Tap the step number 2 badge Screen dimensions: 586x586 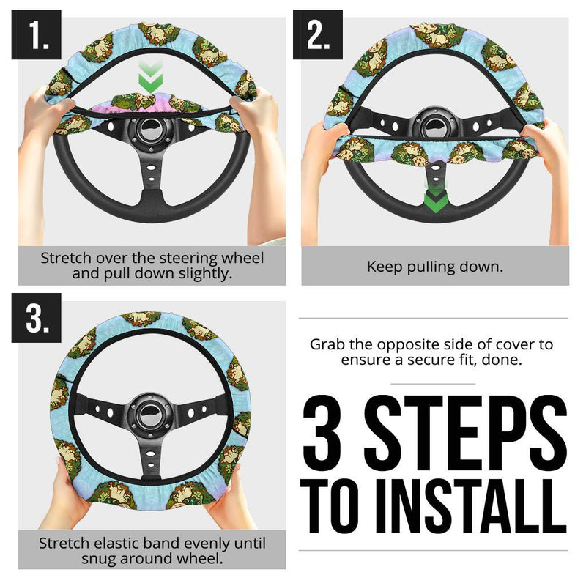[x=318, y=34]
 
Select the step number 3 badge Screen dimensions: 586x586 [x=35, y=318]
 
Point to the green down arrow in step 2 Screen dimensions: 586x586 [x=435, y=199]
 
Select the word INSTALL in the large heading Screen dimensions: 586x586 [x=464, y=505]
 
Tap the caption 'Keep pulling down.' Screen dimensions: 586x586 [x=435, y=267]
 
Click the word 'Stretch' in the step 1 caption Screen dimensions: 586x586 [x=67, y=259]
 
